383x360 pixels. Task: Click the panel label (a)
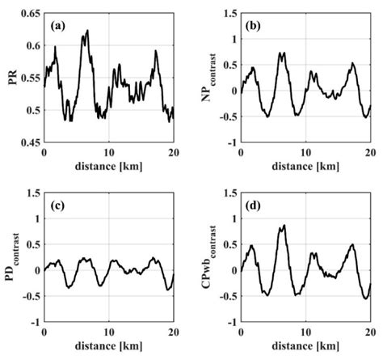click(59, 26)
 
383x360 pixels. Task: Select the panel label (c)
click(59, 205)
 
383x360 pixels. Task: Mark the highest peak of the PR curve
click(86, 31)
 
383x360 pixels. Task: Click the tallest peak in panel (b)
click(282, 53)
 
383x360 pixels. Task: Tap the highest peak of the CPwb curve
click(283, 226)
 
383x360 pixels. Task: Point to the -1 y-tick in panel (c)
click(34, 321)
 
